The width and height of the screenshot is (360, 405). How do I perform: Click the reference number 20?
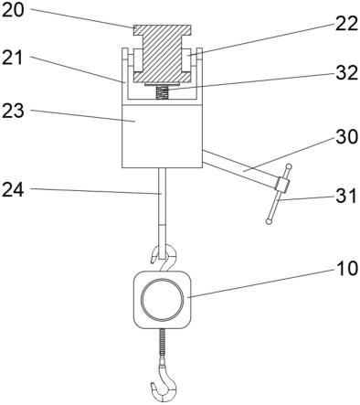click(12, 10)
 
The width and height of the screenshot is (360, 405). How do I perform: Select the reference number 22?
click(346, 24)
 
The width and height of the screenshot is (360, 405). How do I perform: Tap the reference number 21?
click(12, 58)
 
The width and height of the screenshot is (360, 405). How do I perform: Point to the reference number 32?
click(346, 73)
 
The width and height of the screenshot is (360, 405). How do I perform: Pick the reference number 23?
click(13, 111)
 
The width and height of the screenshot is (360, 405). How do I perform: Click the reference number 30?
click(346, 137)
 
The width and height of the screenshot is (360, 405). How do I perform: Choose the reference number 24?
click(13, 190)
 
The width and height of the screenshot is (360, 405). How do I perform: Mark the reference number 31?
click(346, 196)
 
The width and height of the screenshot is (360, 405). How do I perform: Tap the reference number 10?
click(346, 269)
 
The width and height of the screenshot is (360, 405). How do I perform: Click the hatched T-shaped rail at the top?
click(162, 52)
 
